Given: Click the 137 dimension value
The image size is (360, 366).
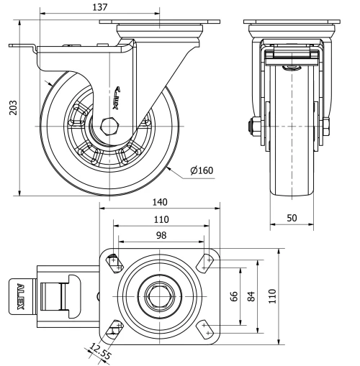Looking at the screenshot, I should pyautogui.click(x=100, y=7).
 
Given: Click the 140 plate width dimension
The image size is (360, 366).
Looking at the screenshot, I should pyautogui.click(x=160, y=204).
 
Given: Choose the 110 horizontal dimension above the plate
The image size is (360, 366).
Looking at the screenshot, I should pyautogui.click(x=160, y=220).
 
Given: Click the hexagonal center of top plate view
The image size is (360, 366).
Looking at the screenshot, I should pyautogui.click(x=160, y=295).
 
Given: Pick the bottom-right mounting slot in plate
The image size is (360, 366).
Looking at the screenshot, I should pyautogui.click(x=205, y=329).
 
